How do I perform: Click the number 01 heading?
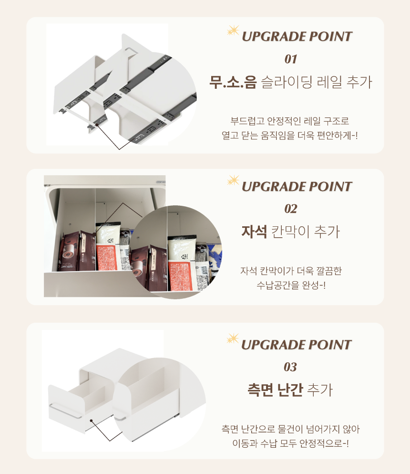(291, 59)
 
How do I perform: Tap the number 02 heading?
(291, 209)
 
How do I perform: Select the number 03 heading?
(290, 367)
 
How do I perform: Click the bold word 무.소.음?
(233, 82)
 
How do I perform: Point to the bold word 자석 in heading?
(254, 232)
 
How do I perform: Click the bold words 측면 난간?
(275, 390)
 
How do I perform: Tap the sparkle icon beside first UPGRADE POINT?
(233, 31)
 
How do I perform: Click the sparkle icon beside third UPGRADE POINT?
(233, 339)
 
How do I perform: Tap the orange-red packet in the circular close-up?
(181, 275)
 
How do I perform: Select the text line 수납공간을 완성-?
(291, 285)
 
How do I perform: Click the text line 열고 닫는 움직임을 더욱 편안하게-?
(289, 136)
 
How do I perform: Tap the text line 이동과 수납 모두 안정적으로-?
(290, 443)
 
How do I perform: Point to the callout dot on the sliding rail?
(97, 124)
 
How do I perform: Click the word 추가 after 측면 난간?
(320, 390)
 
